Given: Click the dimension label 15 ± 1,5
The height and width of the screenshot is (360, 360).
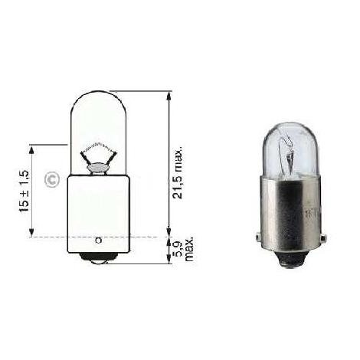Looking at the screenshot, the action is click(x=24, y=191).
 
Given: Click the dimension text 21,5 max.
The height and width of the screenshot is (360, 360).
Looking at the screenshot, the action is click(x=178, y=172).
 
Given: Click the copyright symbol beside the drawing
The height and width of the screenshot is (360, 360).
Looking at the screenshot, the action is click(x=52, y=180).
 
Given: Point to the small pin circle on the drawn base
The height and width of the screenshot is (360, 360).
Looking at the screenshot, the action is click(x=98, y=241).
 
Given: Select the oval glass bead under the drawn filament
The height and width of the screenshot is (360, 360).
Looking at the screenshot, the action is click(x=97, y=168).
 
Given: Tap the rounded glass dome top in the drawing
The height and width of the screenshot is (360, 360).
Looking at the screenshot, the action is click(x=98, y=102).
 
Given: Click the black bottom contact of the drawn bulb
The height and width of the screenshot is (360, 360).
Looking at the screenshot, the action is click(x=93, y=257).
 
